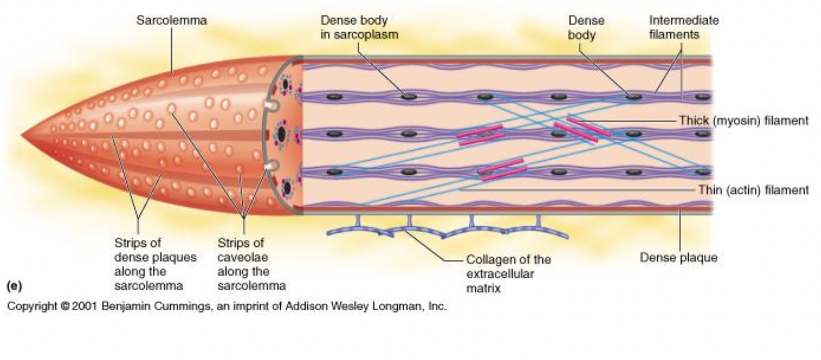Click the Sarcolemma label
coord(171,20)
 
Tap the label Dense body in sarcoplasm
coord(359,28)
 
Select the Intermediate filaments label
coord(683,28)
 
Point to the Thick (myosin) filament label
coord(743,121)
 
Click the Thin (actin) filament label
coord(753,190)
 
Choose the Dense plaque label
coord(678,258)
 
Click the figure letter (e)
coord(14,286)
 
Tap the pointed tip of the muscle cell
coord(22,136)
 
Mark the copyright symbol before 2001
coord(64,306)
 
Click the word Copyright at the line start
coord(31,306)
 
